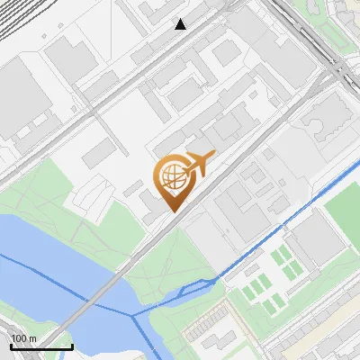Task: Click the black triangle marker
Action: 181,24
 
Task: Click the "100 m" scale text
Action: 24,338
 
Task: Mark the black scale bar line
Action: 41,346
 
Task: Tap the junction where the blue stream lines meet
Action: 134,315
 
